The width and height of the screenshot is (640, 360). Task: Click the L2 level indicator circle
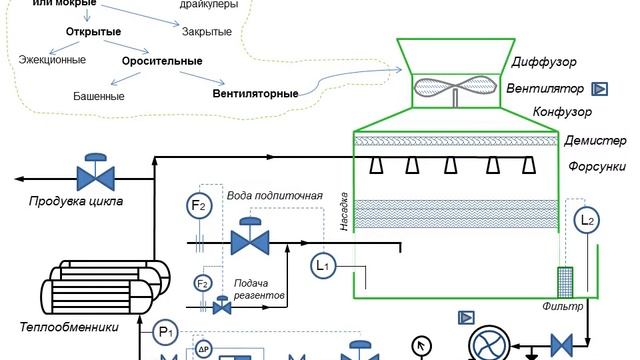coord(587,219)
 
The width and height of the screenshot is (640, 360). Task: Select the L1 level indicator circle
coord(322,264)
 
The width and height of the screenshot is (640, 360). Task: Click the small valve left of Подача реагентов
coord(221,306)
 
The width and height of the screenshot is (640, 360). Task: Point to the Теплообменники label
coord(69,327)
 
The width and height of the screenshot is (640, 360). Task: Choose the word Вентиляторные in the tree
coord(255,95)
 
